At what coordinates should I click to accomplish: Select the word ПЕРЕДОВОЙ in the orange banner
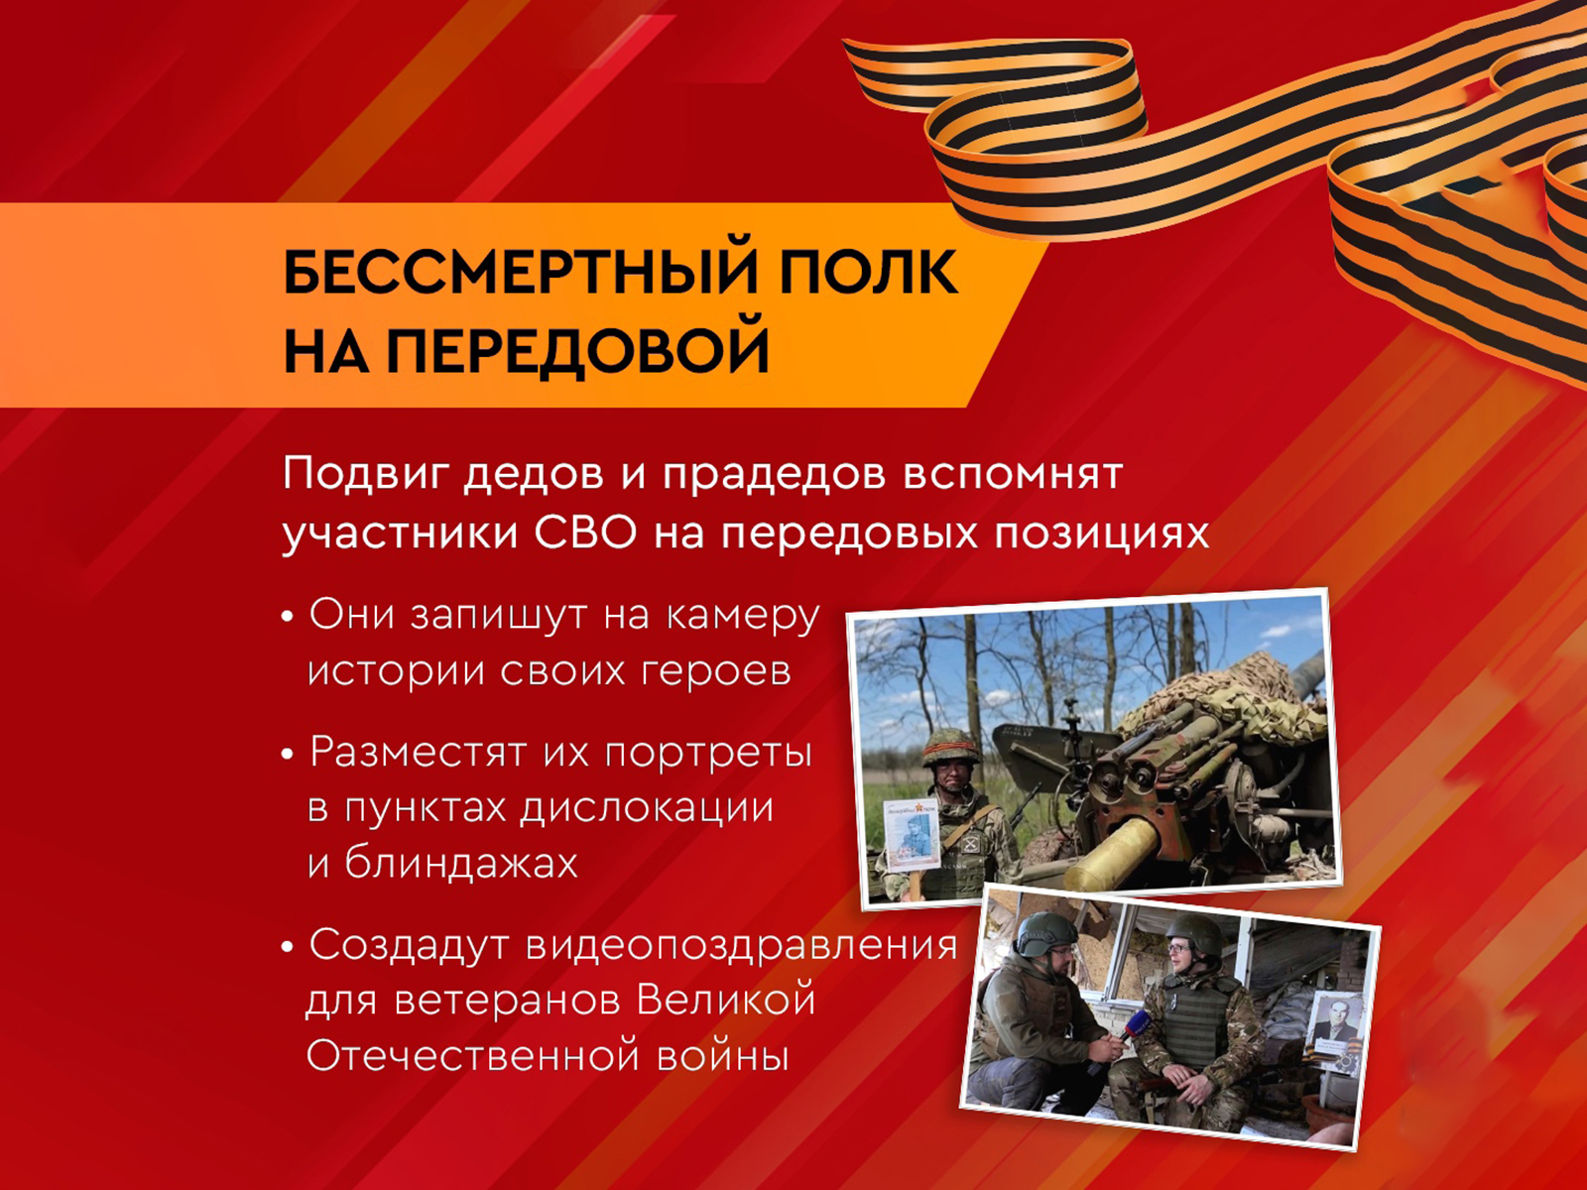point(577,351)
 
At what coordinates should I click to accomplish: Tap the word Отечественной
point(473,1056)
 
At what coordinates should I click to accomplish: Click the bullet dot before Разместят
point(288,755)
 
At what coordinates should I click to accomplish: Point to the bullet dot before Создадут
point(288,946)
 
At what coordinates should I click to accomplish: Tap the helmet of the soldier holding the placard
point(951,747)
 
